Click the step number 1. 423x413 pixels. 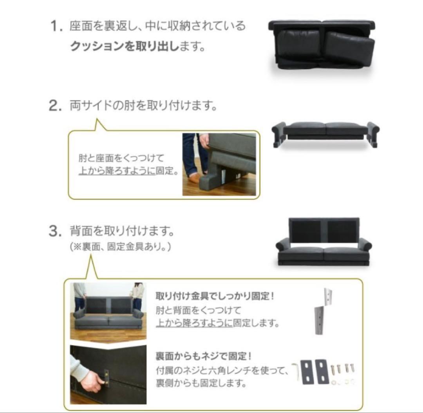[x=56, y=26]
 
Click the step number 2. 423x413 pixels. [x=56, y=105]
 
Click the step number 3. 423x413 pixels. [x=56, y=231]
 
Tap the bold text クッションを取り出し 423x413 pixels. [x=125, y=46]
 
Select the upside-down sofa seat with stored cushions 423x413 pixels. [x=322, y=45]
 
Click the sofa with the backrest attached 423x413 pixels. [x=324, y=242]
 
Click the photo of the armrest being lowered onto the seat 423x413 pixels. [x=219, y=164]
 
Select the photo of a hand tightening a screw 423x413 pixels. [x=108, y=374]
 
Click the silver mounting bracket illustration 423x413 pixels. [x=323, y=311]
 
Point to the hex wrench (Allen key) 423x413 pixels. [x=296, y=372]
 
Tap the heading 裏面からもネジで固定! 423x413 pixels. [x=204, y=356]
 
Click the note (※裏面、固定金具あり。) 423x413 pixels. [x=120, y=246]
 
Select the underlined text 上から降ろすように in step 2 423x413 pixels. [x=117, y=171]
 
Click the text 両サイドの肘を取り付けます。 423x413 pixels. [x=143, y=105]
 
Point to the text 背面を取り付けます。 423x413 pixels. [x=122, y=231]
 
